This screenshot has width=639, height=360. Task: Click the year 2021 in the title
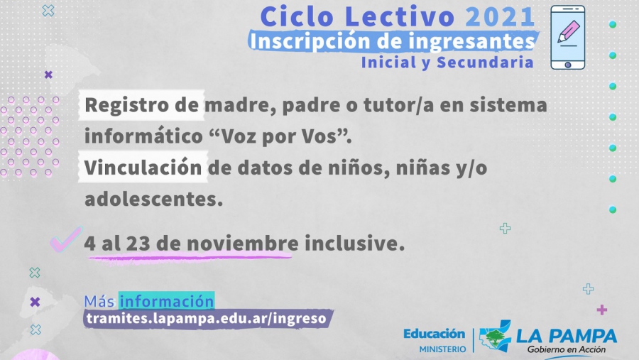[x=500, y=17]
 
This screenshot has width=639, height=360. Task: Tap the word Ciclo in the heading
[x=297, y=17]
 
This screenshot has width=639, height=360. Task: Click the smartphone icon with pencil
[x=568, y=38]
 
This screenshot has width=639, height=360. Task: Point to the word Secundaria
[x=485, y=62]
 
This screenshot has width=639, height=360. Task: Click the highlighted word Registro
[x=127, y=105]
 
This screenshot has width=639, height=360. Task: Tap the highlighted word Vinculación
[x=143, y=168]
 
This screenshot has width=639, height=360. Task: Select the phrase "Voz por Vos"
[x=280, y=136]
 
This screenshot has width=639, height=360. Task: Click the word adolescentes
[x=153, y=199]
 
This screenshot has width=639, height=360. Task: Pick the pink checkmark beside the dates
[x=66, y=239]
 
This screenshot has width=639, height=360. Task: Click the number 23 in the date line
[x=138, y=243]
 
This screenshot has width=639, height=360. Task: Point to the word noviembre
[x=243, y=243]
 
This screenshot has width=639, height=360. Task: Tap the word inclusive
[x=354, y=243]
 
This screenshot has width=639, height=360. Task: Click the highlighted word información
[x=166, y=301]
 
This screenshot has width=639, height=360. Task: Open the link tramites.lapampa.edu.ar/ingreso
[x=207, y=318]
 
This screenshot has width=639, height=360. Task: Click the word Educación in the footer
[x=434, y=334]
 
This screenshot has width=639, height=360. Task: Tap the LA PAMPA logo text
[x=567, y=336]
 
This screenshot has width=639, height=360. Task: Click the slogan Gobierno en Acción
[x=567, y=349]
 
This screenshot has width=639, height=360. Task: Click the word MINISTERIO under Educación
[x=442, y=349]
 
